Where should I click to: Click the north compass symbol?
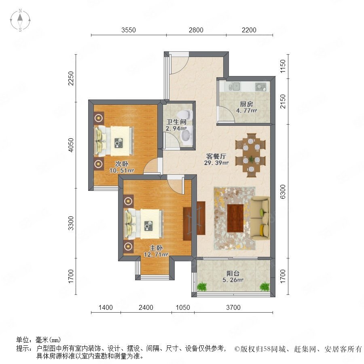pyautogui.click(x=20, y=20)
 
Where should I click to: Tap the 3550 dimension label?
pyautogui.click(x=128, y=30)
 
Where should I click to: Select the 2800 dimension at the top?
pyautogui.click(x=196, y=30)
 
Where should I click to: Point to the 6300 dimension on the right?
pyautogui.click(x=283, y=192)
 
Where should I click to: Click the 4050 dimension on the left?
pyautogui.click(x=71, y=145)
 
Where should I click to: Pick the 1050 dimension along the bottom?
pyautogui.click(x=183, y=307)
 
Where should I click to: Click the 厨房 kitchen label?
pyautogui.click(x=246, y=104)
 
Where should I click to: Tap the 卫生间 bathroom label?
pyautogui.click(x=176, y=122)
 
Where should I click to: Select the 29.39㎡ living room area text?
pyautogui.click(x=216, y=163)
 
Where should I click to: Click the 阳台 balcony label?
pyautogui.click(x=233, y=273)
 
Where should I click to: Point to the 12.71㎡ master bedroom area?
pyautogui.click(x=156, y=255)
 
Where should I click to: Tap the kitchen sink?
pyautogui.click(x=234, y=87)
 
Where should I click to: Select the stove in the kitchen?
pyautogui.click(x=261, y=87)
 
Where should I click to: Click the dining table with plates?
pyautogui.click(x=251, y=155)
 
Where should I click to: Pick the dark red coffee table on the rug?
pyautogui.click(x=235, y=218)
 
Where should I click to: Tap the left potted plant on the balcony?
pyautogui.click(x=202, y=287)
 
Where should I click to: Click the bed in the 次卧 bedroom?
pyautogui.click(x=114, y=141)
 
